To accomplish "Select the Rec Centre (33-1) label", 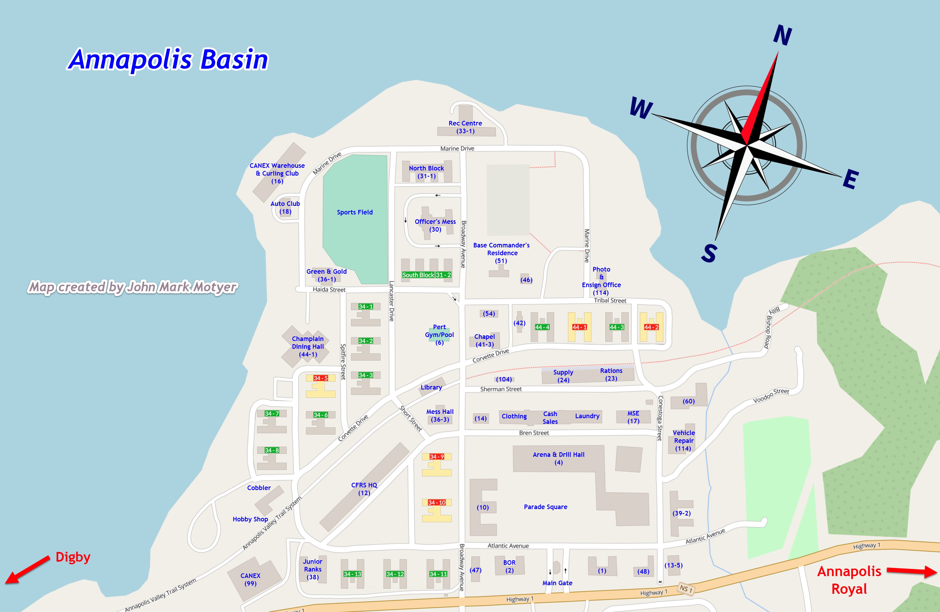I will coord(465,127).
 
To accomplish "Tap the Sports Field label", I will coord(355,212).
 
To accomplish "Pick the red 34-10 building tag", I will coord(436,503).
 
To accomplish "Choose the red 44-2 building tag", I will coord(651,327).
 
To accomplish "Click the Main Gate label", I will coord(557,583).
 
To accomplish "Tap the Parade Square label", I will coord(545,507).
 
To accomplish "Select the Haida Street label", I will coord(329,290).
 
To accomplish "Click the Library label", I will coord(431,387).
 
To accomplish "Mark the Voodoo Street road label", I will coord(771,396).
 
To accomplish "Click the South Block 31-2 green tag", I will coord(427,275).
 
